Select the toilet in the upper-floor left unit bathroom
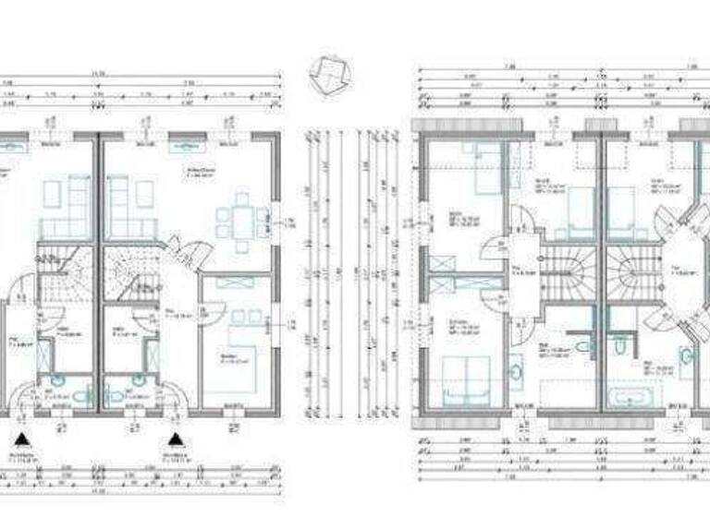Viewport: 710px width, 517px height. (582, 345)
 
